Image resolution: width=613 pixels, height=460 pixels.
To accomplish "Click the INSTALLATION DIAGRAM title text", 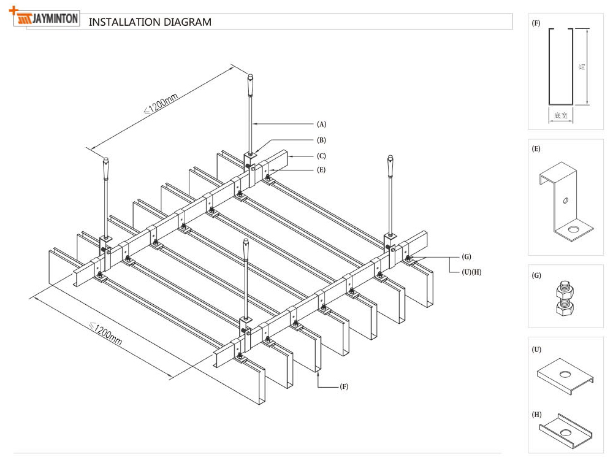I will click(x=150, y=22).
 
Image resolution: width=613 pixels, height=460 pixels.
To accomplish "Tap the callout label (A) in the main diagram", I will click(x=321, y=124).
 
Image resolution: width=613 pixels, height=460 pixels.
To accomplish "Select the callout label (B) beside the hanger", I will click(x=321, y=140).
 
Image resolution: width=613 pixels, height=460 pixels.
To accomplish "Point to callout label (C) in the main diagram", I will click(x=321, y=156).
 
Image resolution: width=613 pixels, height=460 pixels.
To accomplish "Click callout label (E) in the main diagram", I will click(x=321, y=170).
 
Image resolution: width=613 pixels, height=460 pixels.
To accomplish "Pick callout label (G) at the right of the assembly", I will click(x=466, y=256).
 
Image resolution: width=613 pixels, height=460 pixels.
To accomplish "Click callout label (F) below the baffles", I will click(x=344, y=386).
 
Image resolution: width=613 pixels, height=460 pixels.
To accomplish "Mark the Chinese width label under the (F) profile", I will click(x=560, y=115).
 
